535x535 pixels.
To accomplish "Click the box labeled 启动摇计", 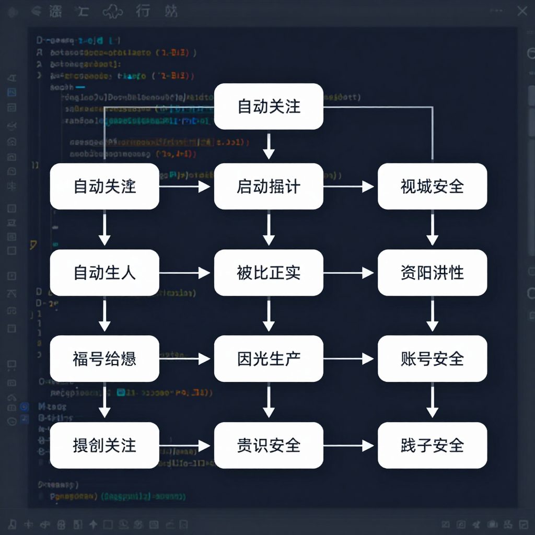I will coord(269,187).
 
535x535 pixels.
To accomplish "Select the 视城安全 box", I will coord(432,187).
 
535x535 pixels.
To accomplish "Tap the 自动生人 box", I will coord(104,273).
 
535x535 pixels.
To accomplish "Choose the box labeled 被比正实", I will coord(269,273).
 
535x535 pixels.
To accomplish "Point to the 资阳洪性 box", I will coord(432,273).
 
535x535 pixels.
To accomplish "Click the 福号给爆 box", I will coord(104,359).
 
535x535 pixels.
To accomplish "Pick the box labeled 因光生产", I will coord(269,359).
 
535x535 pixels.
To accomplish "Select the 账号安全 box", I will coord(432,359).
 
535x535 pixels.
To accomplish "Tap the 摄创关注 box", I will coord(104,445).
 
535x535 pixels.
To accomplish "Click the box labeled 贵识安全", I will coord(269,445).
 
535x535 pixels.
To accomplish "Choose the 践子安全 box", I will coord(432,445).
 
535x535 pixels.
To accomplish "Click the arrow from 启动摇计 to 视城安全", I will coord(349,187).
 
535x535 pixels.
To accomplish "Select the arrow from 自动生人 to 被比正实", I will coord(185,273).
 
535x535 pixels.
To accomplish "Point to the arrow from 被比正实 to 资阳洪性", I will coord(349,273).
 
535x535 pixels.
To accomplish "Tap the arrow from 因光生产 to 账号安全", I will coord(349,359).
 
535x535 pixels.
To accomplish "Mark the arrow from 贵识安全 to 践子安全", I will coord(349,445).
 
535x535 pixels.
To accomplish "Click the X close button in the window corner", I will coord(522,11).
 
